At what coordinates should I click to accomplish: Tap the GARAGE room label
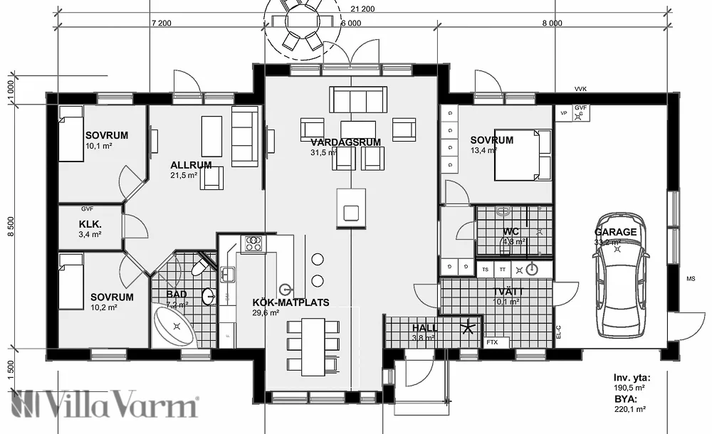(616, 232)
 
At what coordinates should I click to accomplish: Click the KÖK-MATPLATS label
(290, 302)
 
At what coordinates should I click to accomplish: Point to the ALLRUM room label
(191, 165)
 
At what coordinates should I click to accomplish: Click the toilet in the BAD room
(201, 265)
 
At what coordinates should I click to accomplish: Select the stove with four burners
(253, 244)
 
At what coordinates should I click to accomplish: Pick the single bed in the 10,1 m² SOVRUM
(71, 133)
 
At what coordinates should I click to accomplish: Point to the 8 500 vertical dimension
(10, 227)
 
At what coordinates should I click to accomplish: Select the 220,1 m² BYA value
(629, 409)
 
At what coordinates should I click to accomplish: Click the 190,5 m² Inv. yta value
(629, 388)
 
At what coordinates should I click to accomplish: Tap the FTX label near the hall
(492, 342)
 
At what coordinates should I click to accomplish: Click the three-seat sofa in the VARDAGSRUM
(358, 99)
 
